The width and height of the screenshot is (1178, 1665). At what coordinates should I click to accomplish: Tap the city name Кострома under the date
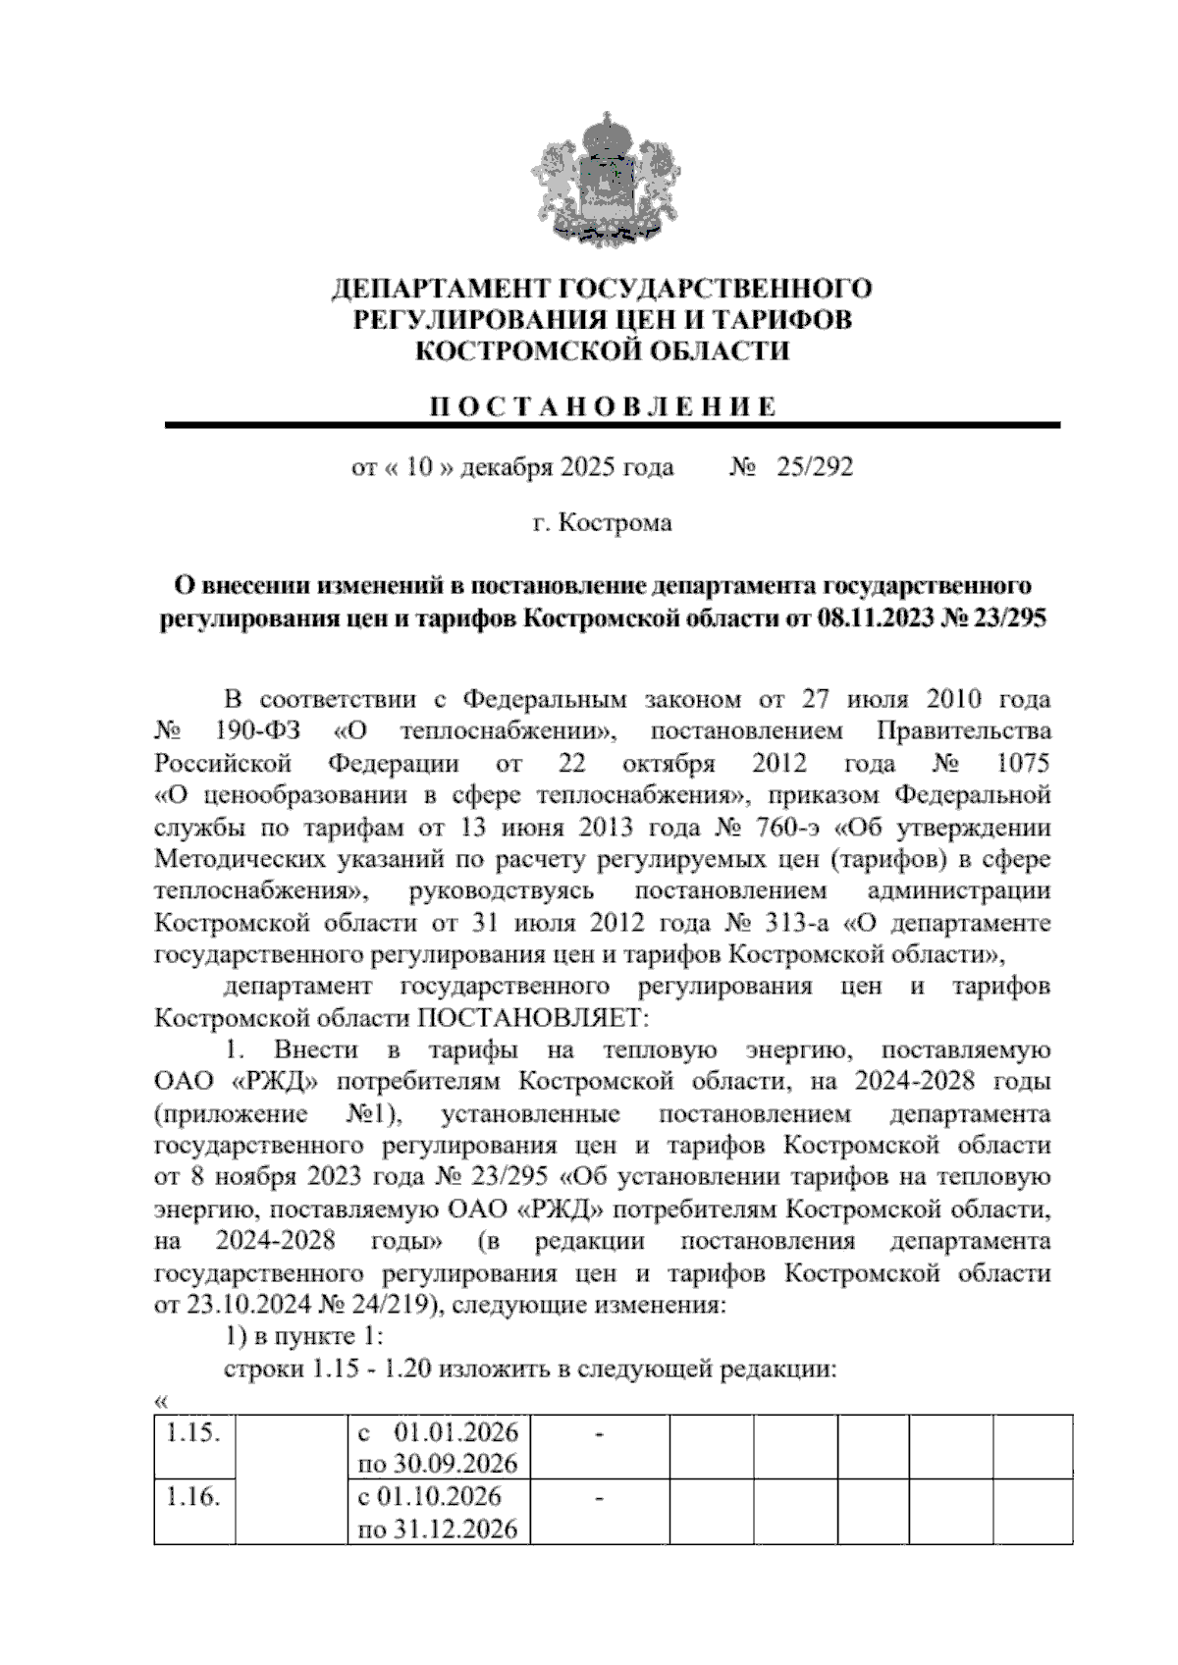click(616, 523)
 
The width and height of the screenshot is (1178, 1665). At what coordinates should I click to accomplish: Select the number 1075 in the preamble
click(1022, 764)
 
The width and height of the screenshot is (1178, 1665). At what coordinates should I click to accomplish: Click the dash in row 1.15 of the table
click(599, 1436)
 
